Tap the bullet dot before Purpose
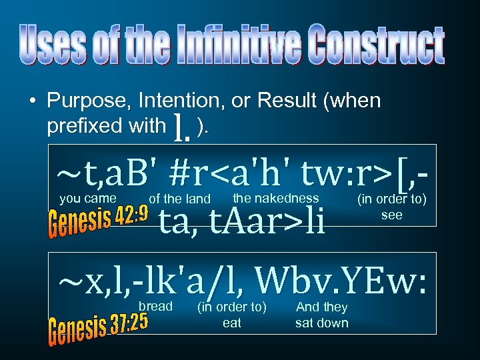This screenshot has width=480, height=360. click(x=31, y=102)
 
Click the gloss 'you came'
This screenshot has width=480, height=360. click(x=88, y=198)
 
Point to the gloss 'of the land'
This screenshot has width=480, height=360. click(x=180, y=199)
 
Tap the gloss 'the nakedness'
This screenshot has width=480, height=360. click(x=276, y=197)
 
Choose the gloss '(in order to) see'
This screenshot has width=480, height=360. click(x=391, y=207)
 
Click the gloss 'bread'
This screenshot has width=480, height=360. click(x=155, y=306)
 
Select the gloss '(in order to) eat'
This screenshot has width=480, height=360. click(x=231, y=315)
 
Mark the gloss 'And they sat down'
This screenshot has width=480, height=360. click(x=321, y=315)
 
